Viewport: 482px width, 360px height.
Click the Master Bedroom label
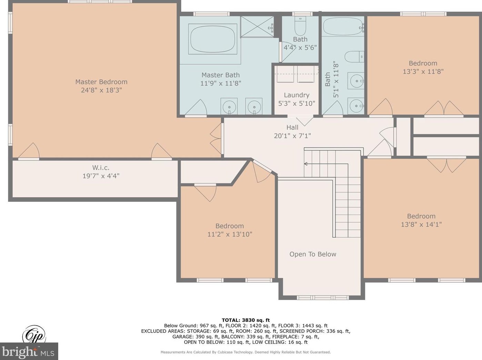101,82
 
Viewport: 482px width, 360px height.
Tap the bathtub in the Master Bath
213,39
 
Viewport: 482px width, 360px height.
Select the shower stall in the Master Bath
257,27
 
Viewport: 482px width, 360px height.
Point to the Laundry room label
297,95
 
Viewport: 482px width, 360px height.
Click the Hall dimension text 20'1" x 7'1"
292,136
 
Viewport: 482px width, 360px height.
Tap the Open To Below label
313,254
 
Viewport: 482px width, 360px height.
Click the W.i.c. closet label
101,168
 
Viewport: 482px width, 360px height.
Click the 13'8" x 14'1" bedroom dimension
421,224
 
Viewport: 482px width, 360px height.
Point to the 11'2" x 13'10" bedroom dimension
230,234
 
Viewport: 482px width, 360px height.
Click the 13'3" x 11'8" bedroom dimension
423,72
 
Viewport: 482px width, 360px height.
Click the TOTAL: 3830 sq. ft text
246,320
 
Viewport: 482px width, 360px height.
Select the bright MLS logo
29,351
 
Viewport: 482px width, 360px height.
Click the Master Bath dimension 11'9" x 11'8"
221,83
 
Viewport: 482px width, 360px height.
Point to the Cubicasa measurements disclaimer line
245,352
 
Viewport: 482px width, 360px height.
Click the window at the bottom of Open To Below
323,298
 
